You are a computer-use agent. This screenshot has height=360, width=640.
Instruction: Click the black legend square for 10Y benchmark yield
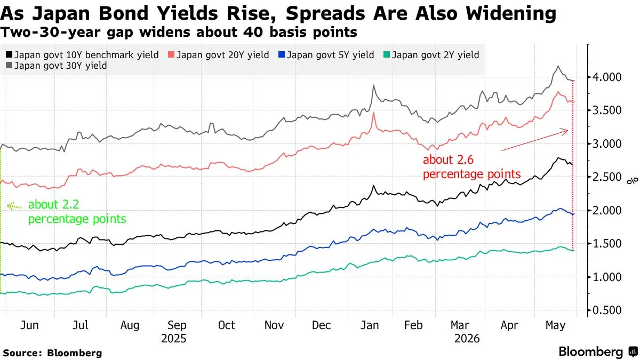coord(9,54)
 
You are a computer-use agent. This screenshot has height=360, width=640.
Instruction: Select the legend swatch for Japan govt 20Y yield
coord(171,54)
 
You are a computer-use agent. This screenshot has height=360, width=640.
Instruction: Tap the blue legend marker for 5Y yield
coord(282,54)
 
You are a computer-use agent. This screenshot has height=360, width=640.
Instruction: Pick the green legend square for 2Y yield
coord(387,54)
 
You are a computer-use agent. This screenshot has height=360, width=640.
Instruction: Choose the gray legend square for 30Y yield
coord(9,66)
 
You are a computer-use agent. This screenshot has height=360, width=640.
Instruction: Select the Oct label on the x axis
coord(226,325)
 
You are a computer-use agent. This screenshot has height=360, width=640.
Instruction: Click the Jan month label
coord(370,325)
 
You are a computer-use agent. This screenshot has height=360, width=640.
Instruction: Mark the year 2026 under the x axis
coord(467,339)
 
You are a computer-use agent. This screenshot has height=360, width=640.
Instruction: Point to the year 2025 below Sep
coord(174,339)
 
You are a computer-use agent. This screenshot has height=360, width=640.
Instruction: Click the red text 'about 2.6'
coord(449,159)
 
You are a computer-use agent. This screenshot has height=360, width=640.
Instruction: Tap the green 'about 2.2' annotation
coord(54,205)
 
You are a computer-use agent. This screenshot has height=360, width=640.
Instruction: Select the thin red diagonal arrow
coord(534,140)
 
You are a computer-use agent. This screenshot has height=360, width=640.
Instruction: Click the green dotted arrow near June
coord(14,206)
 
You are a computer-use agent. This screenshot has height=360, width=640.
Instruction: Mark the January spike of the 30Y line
coord(373,85)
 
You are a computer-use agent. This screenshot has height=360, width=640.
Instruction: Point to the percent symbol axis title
coord(633,181)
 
